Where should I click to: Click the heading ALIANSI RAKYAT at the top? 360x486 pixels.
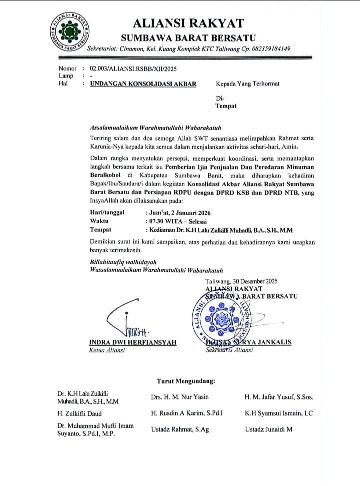point(188,23)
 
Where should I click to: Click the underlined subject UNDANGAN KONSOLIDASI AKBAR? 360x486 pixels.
point(143,84)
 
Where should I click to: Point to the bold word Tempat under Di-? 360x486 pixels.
point(226,106)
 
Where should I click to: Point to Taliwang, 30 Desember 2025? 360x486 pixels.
point(241,281)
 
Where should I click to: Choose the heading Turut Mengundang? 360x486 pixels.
point(186,381)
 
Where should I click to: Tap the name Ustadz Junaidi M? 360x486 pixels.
point(269,429)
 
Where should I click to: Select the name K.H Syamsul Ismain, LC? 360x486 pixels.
point(278,414)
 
